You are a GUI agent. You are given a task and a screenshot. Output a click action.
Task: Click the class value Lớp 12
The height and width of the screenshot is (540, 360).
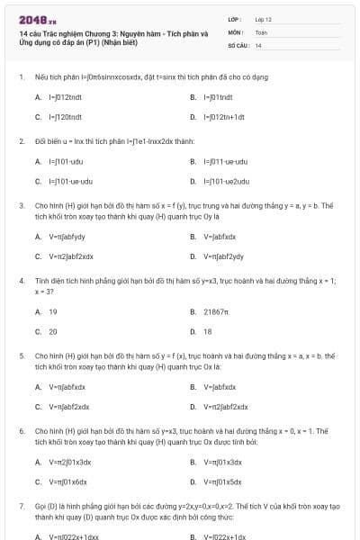263,19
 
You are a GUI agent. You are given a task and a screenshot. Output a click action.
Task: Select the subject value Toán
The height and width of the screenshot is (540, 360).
261,31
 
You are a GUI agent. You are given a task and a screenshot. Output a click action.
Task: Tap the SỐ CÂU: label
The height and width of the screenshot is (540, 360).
238,44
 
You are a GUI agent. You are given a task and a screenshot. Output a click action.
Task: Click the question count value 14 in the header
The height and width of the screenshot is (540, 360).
258,44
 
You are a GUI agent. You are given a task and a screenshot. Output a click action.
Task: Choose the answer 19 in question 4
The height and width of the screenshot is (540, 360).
52,311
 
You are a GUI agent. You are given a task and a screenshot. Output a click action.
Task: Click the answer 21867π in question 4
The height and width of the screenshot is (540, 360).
216,311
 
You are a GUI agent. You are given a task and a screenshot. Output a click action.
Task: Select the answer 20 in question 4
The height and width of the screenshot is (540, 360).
52,331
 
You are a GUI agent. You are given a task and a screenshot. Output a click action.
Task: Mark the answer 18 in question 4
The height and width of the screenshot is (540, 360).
208,331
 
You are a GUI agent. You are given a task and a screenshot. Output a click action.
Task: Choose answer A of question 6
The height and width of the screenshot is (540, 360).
69,462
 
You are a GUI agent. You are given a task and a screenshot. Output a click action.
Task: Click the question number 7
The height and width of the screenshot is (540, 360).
22,507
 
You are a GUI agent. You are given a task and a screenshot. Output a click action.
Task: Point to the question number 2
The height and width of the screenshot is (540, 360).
22,141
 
